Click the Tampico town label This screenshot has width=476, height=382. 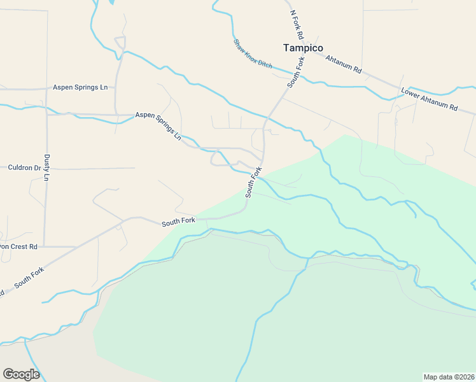(303, 48)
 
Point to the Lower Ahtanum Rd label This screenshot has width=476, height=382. (429, 99)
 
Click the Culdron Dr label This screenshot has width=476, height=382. (24, 168)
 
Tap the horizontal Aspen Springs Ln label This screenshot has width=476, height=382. (80, 87)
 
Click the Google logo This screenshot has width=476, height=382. (21, 374)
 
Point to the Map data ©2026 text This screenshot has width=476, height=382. (449, 376)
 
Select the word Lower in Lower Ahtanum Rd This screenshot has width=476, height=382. (412, 93)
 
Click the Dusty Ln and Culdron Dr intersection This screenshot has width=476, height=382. (46, 168)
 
